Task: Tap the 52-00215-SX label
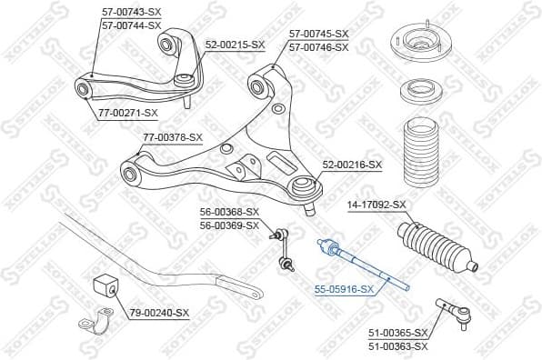pos(235,44)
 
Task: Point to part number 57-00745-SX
pos(318,35)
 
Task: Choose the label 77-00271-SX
pos(126,114)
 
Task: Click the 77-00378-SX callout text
pos(174,138)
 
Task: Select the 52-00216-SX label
pos(352,165)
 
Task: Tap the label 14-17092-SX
pos(376,205)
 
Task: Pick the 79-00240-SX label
pos(159,313)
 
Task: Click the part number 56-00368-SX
pos(229,213)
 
